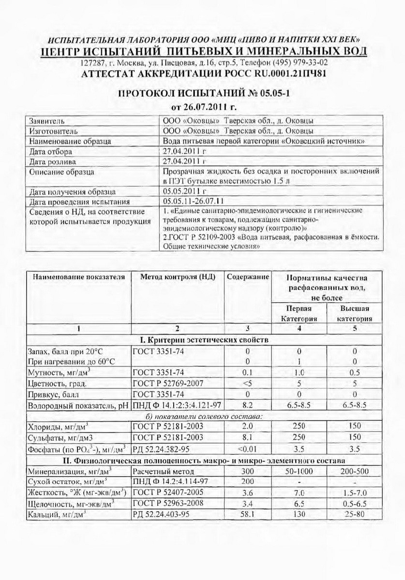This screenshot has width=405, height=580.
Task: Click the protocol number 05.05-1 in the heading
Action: coord(271,92)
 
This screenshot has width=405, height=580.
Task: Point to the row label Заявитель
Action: coord(47,121)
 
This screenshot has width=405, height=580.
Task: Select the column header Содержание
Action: coord(248,277)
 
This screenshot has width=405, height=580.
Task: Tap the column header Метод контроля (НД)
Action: coord(178,277)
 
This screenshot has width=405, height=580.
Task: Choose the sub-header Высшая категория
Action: coord(355,313)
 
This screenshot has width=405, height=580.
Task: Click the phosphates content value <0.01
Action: coord(248,448)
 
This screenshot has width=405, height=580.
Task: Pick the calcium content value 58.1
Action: coord(248,514)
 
